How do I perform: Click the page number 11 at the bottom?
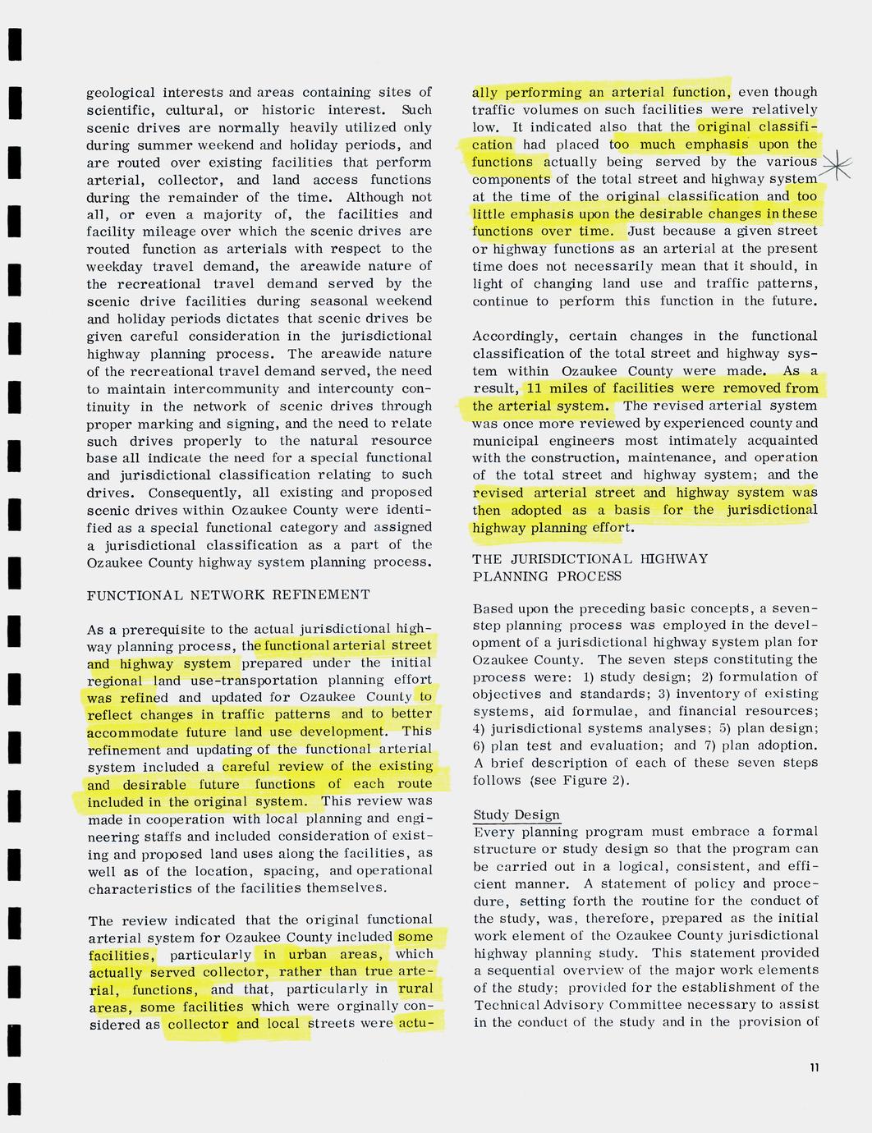pyautogui.click(x=813, y=1067)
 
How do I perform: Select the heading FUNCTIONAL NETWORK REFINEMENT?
pyautogui.click(x=228, y=595)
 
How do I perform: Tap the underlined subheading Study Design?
pyautogui.click(x=516, y=814)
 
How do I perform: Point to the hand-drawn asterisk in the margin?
pyautogui.click(x=835, y=167)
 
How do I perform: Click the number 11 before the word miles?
pyautogui.click(x=535, y=388)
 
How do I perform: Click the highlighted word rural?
pyautogui.click(x=415, y=989)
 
